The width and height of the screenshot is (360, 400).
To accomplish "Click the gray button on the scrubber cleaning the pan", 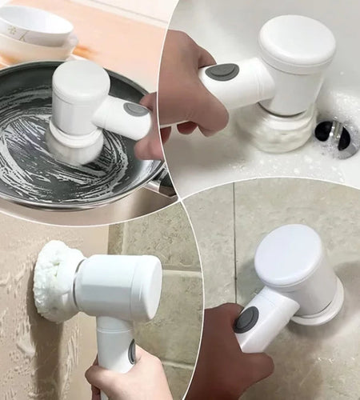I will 136,110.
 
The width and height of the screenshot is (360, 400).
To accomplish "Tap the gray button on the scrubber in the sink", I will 222,73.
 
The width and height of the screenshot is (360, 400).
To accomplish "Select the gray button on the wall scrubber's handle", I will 131,352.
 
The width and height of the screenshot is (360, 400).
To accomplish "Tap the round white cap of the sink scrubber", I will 297,43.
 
